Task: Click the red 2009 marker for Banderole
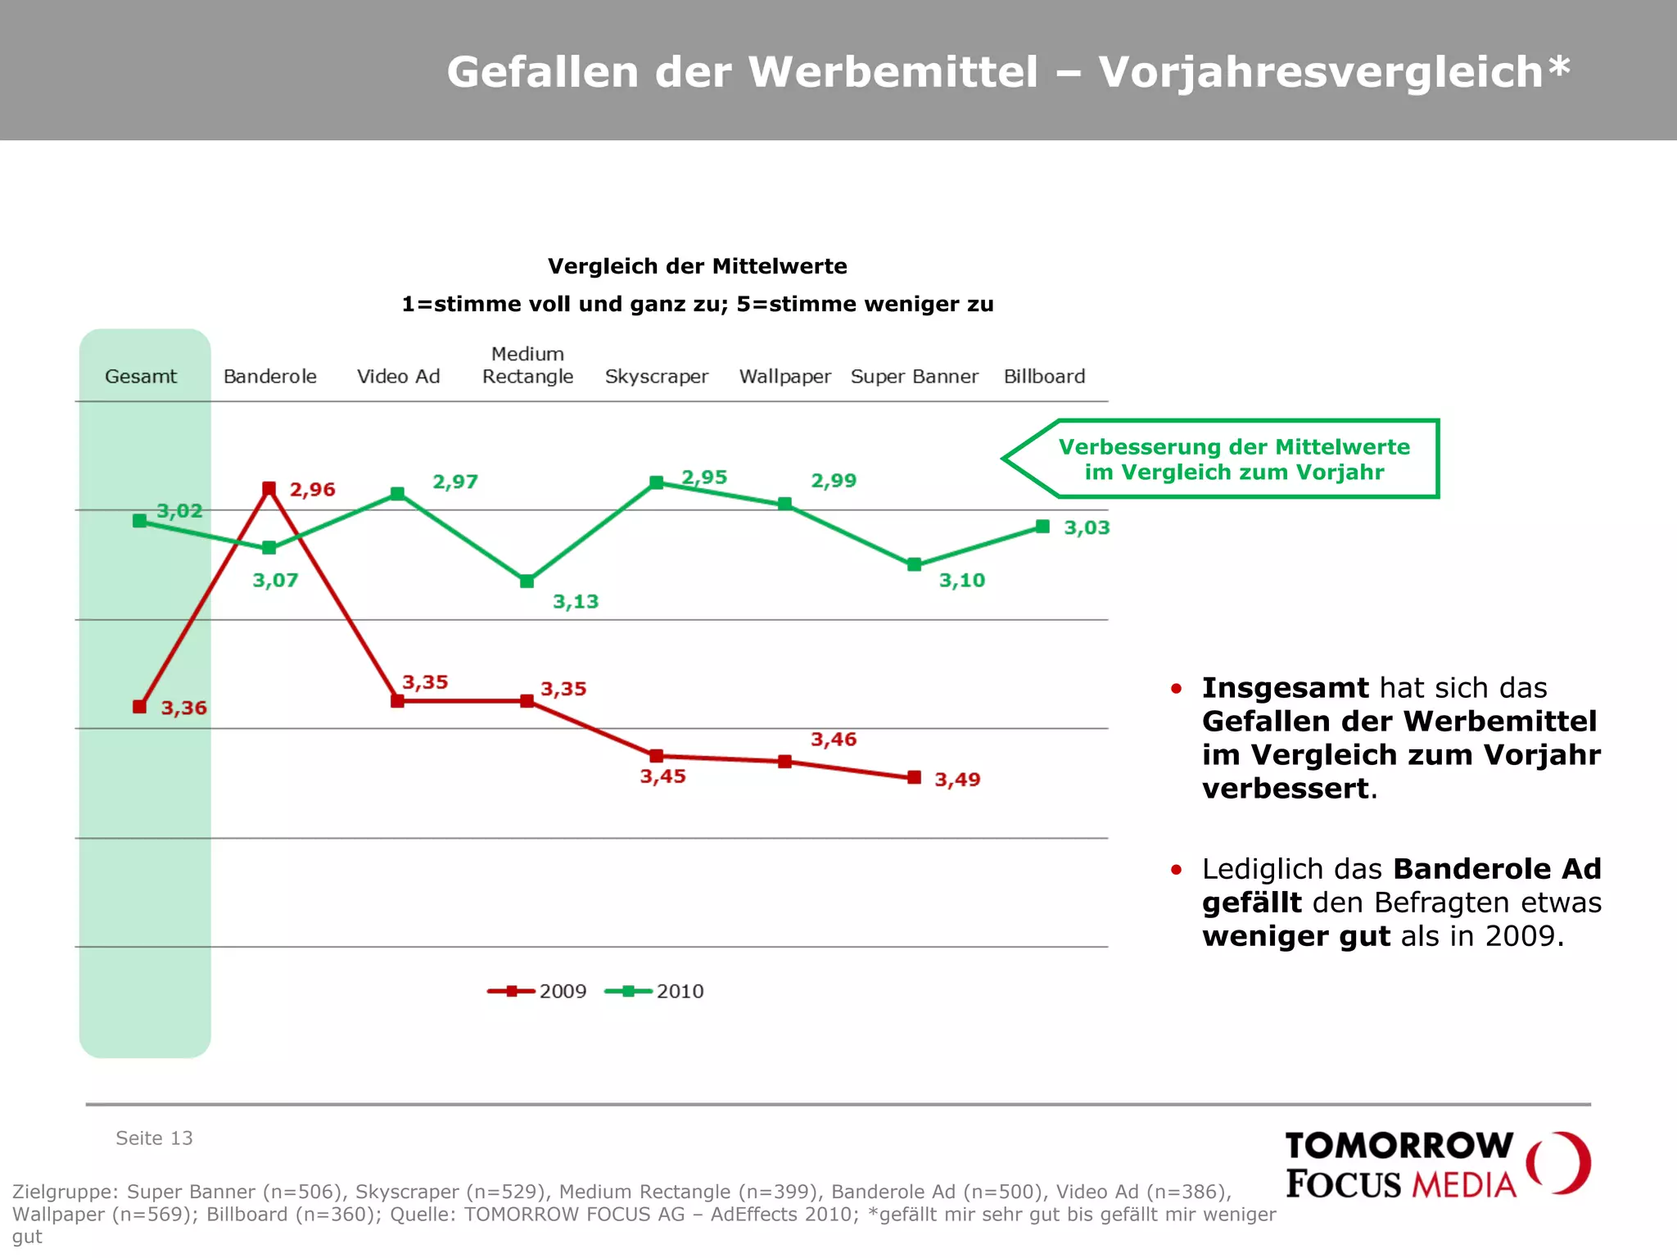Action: pos(269,488)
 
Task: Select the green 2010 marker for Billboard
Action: pos(1042,527)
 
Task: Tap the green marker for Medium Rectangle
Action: pos(527,581)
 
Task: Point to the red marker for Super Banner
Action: pos(915,777)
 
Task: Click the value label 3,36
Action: pos(183,708)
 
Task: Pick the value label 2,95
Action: pos(704,477)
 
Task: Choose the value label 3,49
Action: pos(957,780)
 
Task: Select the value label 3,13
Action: pos(576,602)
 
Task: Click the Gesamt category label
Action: pos(141,377)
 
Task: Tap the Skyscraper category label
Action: pos(656,377)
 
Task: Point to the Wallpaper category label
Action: pos(784,377)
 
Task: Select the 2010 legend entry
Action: pos(655,991)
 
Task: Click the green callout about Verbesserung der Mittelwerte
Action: pos(1233,459)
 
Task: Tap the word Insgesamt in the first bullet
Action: pos(1285,688)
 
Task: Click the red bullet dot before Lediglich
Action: pos(1176,870)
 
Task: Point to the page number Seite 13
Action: pos(154,1138)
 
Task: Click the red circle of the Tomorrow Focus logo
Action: pos(1559,1163)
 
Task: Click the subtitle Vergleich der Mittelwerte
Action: pos(697,266)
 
